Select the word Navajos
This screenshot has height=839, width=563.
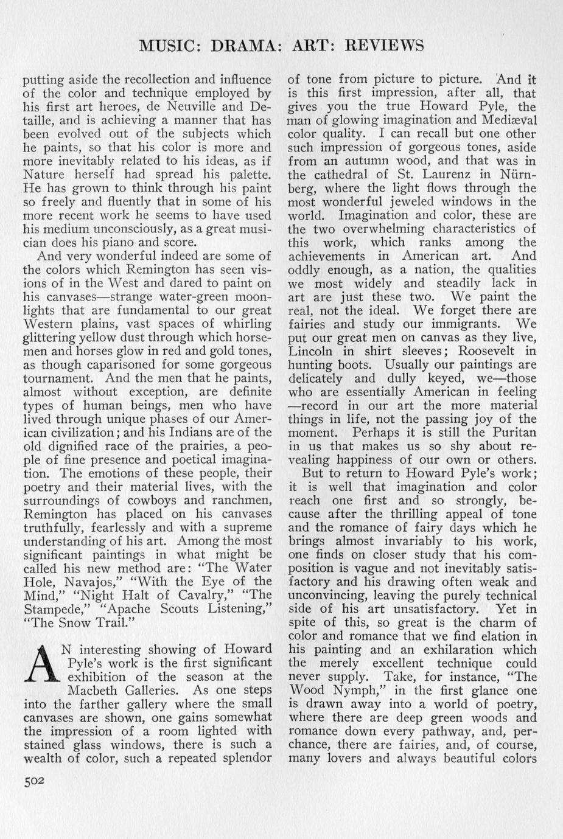tap(89, 582)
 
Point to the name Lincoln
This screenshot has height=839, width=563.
tap(310, 351)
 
